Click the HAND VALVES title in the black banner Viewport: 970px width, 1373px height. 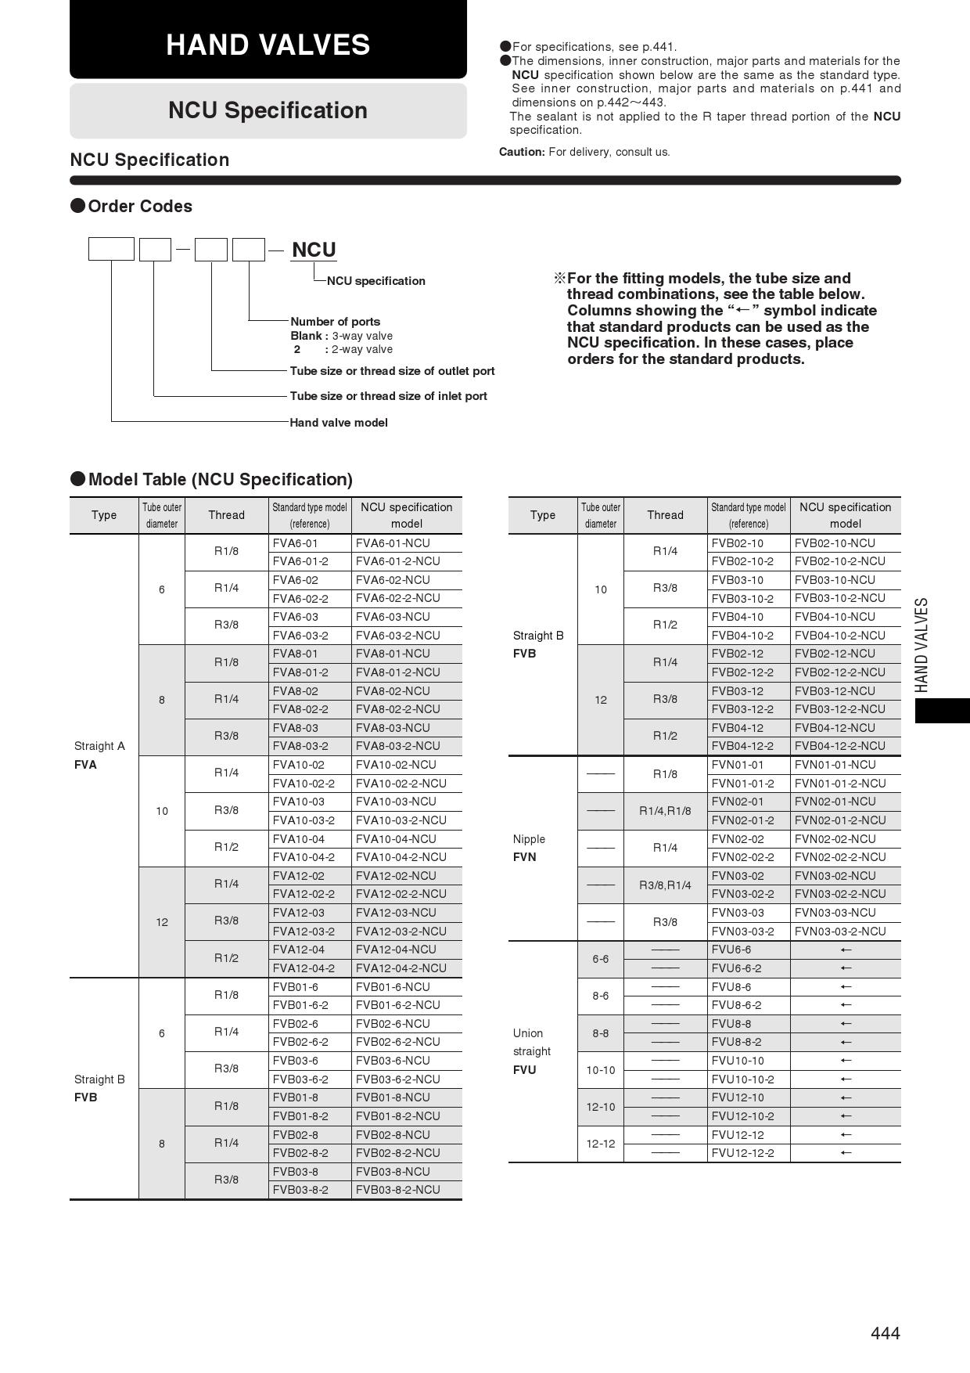tap(268, 45)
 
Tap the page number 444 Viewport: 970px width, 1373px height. tap(885, 1333)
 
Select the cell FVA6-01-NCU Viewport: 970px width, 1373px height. tap(393, 543)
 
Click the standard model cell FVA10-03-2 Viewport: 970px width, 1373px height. tap(304, 820)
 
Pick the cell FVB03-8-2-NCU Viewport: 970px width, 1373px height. tap(397, 1190)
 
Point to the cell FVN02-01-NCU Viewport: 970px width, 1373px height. tap(835, 802)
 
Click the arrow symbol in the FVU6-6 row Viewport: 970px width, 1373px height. tap(845, 950)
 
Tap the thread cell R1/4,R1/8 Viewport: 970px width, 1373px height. tap(665, 811)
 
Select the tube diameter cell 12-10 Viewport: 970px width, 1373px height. tap(601, 1107)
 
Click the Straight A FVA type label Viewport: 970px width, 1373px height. tap(99, 755)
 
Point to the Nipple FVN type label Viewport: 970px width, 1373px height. tap(529, 848)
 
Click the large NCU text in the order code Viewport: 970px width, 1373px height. tap(314, 250)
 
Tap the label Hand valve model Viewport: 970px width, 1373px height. tap(339, 423)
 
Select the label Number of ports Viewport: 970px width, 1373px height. tap(335, 322)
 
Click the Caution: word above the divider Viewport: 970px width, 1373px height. tap(522, 152)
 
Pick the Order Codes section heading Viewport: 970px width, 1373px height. tap(139, 207)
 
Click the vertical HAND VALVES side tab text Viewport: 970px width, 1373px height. tap(922, 645)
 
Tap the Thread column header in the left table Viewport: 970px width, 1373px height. tap(226, 515)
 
